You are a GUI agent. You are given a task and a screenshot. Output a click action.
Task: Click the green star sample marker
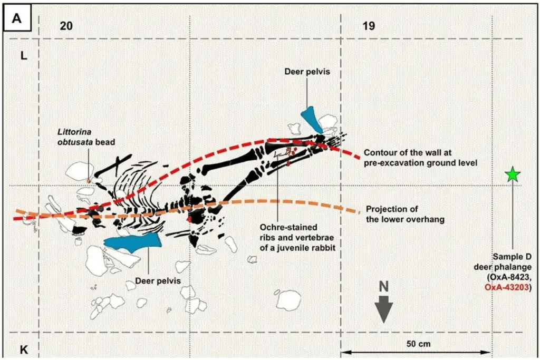click(512, 174)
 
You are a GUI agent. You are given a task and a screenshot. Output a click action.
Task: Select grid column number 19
click(369, 26)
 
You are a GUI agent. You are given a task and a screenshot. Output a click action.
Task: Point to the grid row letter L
click(24, 56)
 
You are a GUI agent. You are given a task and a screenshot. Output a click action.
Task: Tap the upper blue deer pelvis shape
click(312, 120)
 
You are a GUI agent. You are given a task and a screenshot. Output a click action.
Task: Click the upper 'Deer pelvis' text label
click(307, 72)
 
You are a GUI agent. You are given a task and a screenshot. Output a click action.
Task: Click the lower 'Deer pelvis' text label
click(158, 281)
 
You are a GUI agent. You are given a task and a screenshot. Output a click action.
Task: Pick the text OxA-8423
click(512, 278)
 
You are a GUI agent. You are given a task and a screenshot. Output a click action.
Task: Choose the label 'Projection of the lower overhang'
click(404, 213)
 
